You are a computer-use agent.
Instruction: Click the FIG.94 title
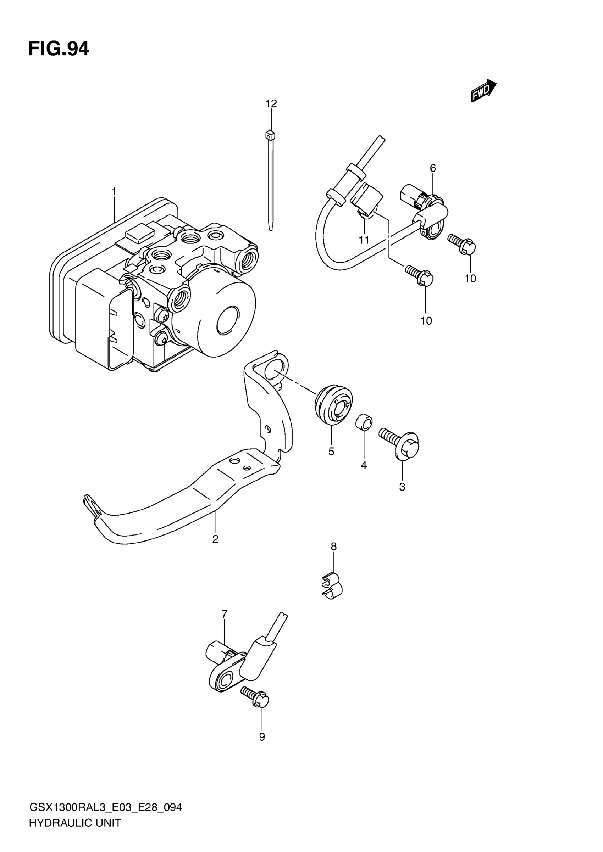(59, 49)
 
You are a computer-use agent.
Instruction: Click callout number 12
(271, 104)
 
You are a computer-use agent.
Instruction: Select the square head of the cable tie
(270, 135)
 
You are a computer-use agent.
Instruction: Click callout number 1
(114, 191)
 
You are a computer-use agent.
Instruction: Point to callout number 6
(433, 168)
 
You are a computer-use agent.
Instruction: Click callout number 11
(364, 240)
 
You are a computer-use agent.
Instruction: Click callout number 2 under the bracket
(215, 539)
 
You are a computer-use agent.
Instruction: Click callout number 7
(224, 614)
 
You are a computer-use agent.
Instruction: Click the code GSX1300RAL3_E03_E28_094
(105, 808)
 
